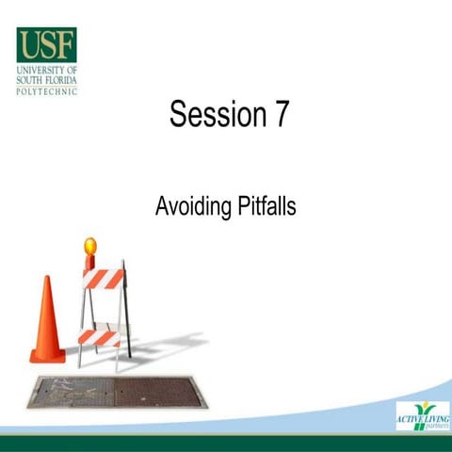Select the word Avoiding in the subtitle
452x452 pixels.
click(191, 206)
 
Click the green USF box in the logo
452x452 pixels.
click(46, 45)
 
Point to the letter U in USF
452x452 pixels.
click(28, 45)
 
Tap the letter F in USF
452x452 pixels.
click(64, 45)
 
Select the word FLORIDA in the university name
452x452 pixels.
click(60, 81)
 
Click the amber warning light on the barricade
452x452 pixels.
click(90, 246)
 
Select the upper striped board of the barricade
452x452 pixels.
click(104, 279)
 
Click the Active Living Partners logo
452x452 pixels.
click(422, 415)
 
